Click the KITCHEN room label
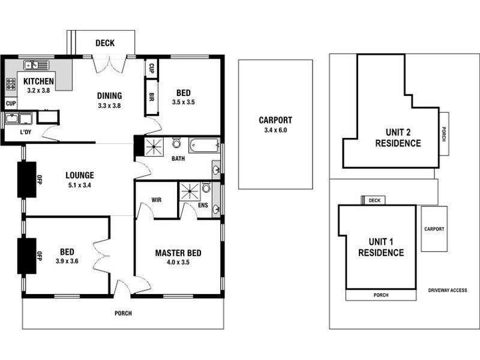39,82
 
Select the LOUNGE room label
80,176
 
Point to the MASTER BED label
178,253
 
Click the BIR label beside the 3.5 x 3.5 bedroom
152,98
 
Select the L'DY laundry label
26,132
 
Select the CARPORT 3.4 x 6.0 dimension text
275,130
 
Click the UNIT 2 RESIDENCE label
398,138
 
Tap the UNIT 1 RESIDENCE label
381,247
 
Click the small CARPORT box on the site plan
434,229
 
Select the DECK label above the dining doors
104,43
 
